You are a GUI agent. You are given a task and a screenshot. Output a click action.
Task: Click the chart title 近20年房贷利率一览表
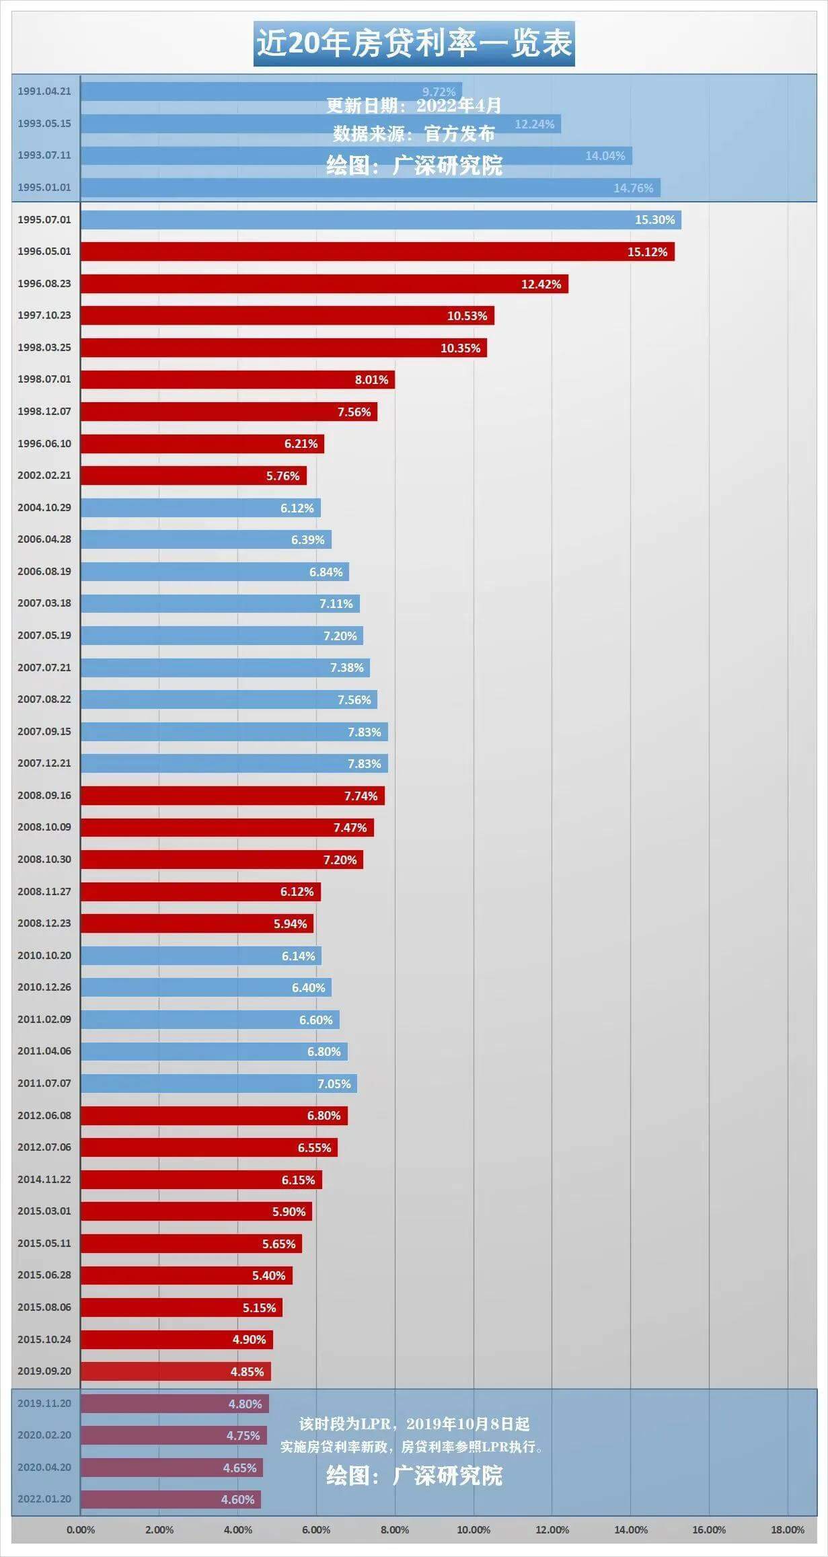pyautogui.click(x=414, y=43)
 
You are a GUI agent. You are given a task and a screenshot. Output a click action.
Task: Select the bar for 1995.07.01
pyautogui.click(x=380, y=220)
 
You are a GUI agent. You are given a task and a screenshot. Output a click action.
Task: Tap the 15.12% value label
pyautogui.click(x=647, y=252)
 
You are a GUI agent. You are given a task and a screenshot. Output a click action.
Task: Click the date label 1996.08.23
pyautogui.click(x=44, y=284)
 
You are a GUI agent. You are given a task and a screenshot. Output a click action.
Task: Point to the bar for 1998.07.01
pyautogui.click(x=237, y=379)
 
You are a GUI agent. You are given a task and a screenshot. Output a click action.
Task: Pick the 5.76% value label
pyautogui.click(x=283, y=476)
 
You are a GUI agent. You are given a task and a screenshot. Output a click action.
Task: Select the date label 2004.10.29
pyautogui.click(x=44, y=508)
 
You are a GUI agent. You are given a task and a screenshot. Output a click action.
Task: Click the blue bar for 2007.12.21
pyautogui.click(x=233, y=763)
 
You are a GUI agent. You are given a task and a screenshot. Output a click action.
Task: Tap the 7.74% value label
pyautogui.click(x=361, y=796)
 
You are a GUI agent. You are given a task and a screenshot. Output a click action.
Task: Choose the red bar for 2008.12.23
pyautogui.click(x=196, y=923)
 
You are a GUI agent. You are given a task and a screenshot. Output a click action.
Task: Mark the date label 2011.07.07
pyautogui.click(x=44, y=1084)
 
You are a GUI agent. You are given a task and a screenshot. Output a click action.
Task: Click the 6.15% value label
pyautogui.click(x=298, y=1180)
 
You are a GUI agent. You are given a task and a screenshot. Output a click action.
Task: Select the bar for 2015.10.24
pyautogui.click(x=176, y=1340)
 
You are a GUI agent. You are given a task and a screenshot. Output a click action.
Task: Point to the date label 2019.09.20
pyautogui.click(x=44, y=1371)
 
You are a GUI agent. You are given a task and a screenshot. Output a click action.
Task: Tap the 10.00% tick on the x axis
pyautogui.click(x=474, y=1530)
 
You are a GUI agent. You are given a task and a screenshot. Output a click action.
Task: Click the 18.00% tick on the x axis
pyautogui.click(x=787, y=1530)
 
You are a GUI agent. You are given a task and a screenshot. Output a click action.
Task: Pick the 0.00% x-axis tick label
pyautogui.click(x=81, y=1530)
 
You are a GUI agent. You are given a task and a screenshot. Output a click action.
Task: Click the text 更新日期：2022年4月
pyautogui.click(x=414, y=106)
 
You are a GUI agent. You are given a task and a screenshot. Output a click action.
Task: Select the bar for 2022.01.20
pyautogui.click(x=170, y=1500)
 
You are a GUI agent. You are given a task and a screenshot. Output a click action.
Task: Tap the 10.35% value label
pyautogui.click(x=460, y=348)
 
